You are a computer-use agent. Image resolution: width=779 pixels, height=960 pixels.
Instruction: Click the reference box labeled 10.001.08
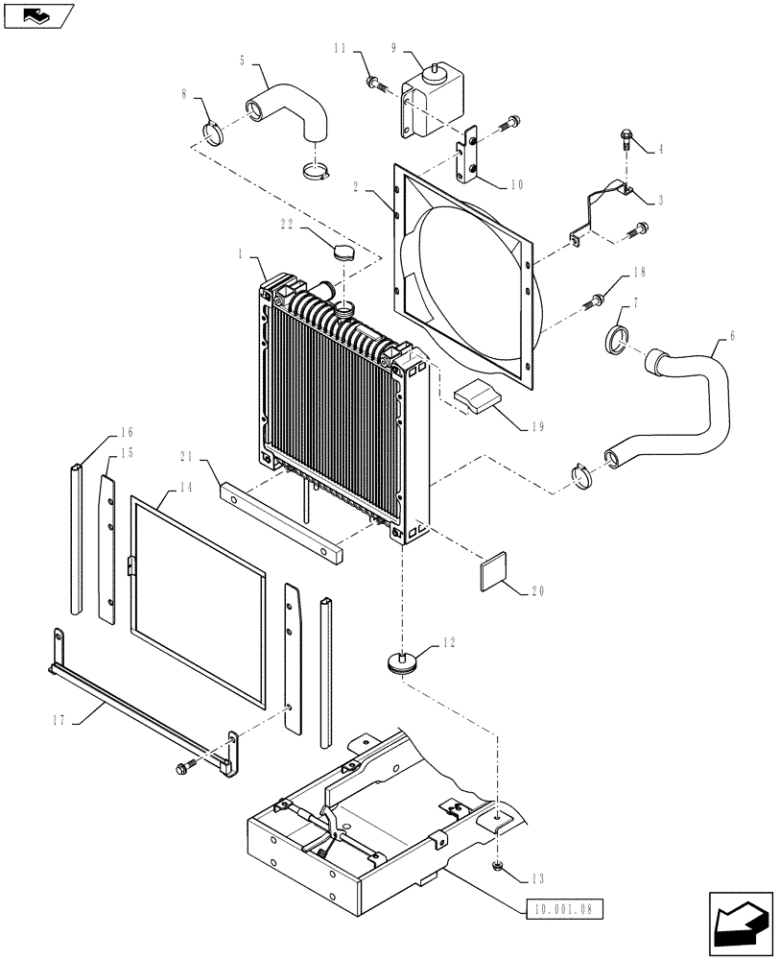click(566, 905)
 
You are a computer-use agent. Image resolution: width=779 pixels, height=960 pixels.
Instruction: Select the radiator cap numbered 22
click(344, 252)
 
